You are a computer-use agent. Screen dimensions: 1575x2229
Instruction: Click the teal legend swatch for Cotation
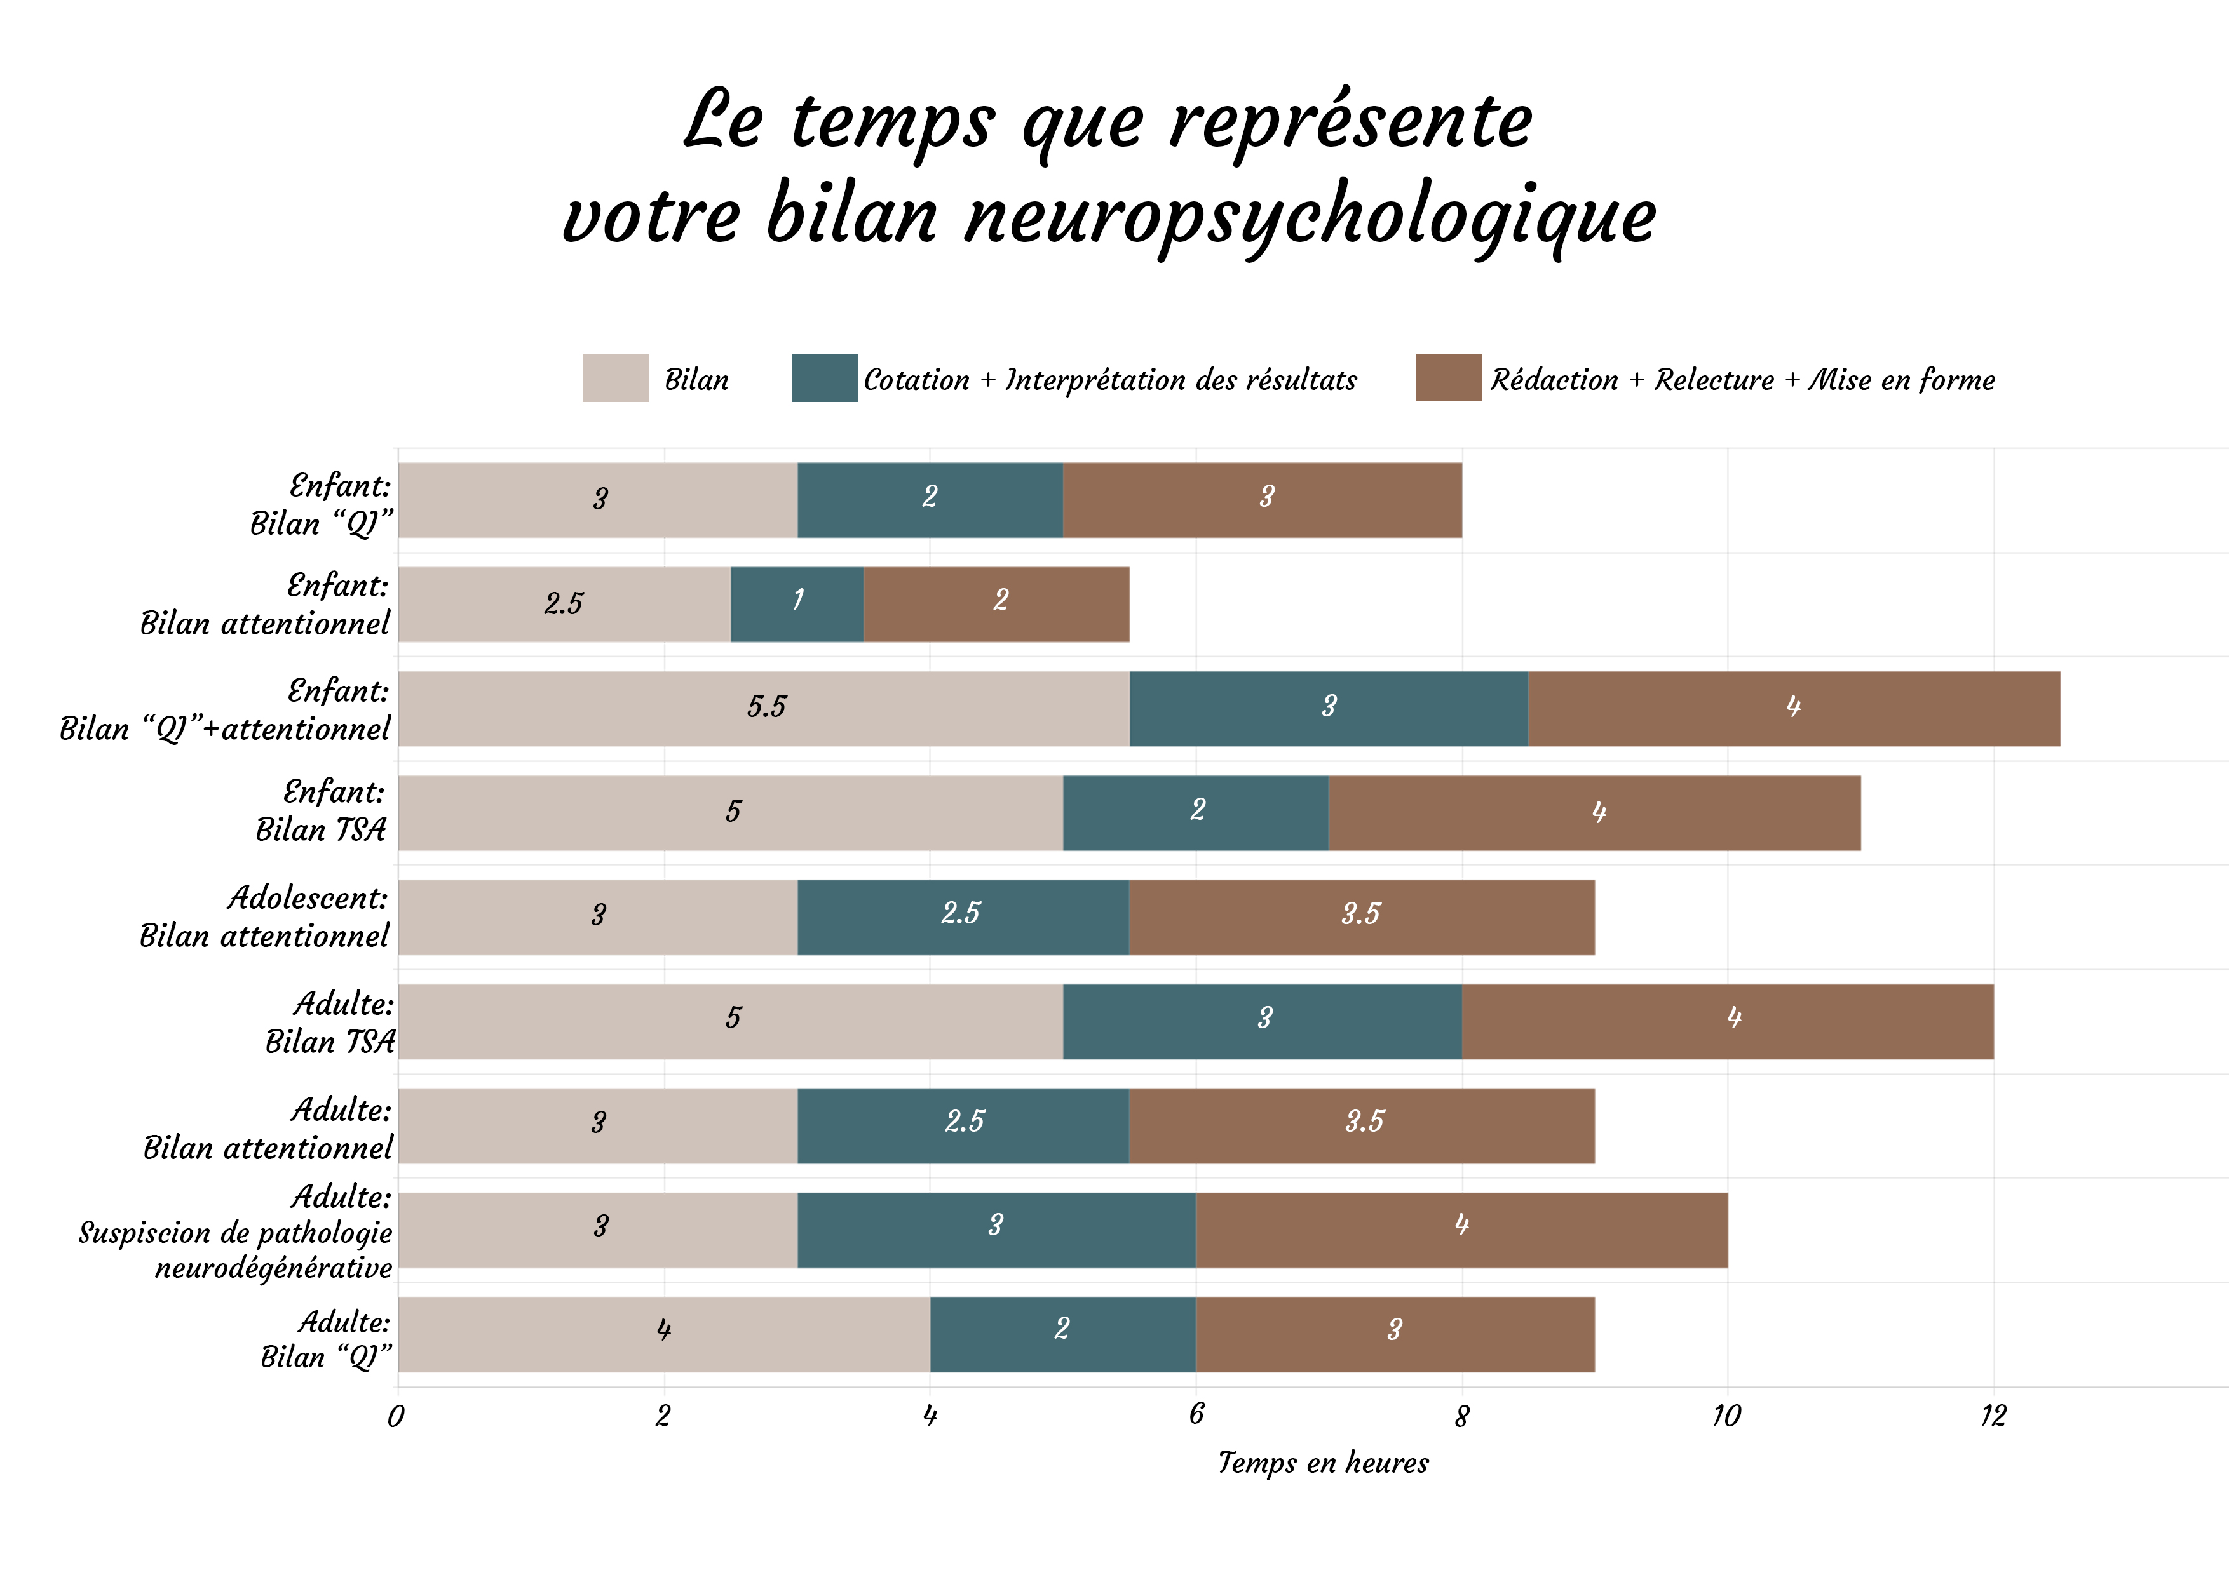(x=824, y=379)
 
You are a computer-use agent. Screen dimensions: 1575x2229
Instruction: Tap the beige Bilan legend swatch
(x=616, y=379)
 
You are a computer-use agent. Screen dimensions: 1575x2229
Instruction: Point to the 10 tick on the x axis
(x=1726, y=1416)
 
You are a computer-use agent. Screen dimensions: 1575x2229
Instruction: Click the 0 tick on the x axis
(x=396, y=1416)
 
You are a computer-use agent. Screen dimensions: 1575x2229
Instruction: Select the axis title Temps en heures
(x=1323, y=1463)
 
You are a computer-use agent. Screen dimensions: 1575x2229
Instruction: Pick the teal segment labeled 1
(x=797, y=603)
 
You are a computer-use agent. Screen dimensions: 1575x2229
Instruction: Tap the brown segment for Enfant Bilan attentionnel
(x=996, y=603)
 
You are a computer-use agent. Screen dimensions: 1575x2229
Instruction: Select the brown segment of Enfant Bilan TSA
(x=1594, y=812)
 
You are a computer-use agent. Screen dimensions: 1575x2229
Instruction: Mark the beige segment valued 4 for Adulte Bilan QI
(x=664, y=1334)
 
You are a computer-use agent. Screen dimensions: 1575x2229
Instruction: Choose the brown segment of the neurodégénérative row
(x=1461, y=1230)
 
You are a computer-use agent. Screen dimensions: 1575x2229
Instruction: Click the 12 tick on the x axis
(x=1993, y=1416)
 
